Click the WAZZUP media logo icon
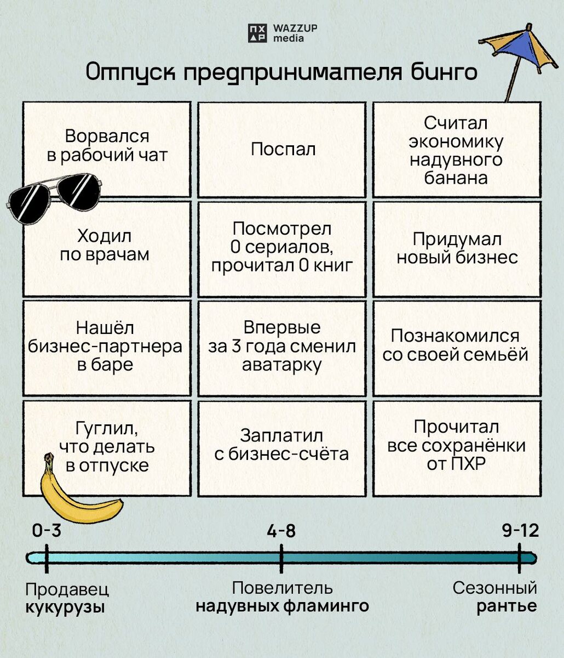[257, 33]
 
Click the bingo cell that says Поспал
[281, 149]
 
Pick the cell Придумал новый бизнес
[457, 249]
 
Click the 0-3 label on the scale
[47, 531]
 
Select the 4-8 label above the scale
[281, 531]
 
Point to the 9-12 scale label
[520, 531]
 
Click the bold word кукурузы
[65, 608]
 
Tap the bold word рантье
[507, 606]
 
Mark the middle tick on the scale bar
[281, 559]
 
